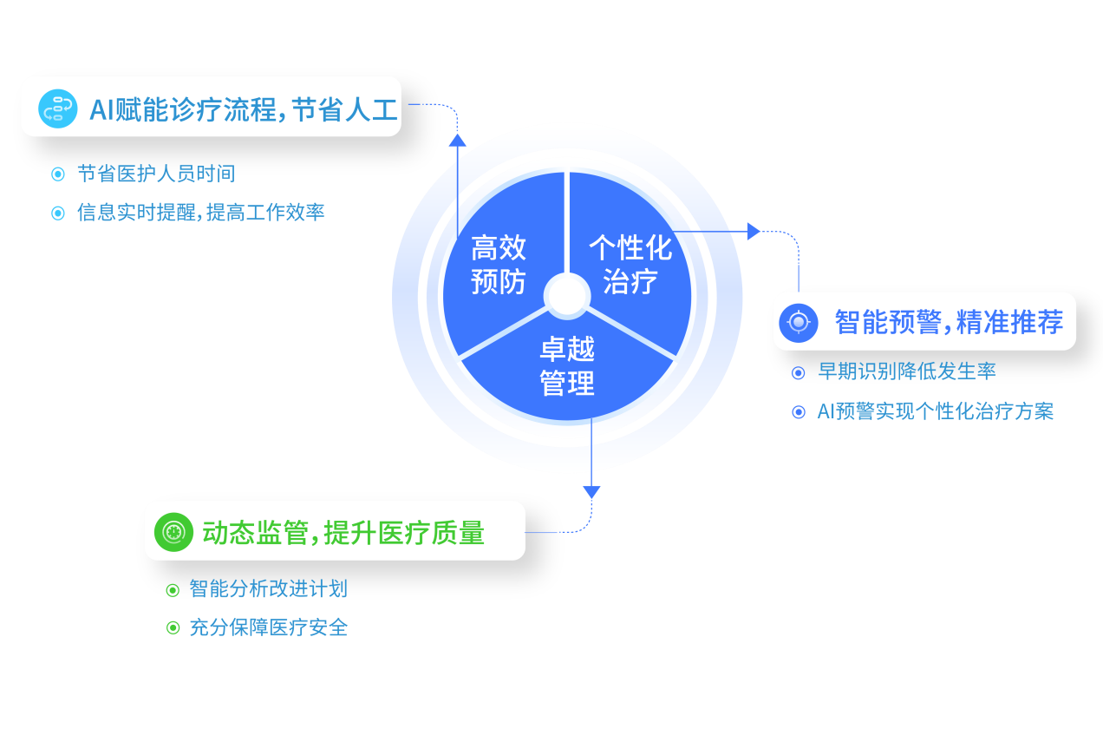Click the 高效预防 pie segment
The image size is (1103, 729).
point(498,264)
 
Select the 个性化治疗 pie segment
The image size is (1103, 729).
point(630,264)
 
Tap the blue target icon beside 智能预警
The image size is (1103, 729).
point(799,322)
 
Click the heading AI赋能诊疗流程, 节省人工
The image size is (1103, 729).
point(243,110)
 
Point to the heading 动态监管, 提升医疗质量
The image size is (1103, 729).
point(343,532)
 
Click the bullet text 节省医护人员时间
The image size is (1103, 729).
point(156,174)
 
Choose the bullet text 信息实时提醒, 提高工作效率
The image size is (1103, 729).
point(200,213)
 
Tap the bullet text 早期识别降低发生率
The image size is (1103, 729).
point(907,371)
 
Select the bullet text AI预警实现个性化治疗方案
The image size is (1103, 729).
point(936,411)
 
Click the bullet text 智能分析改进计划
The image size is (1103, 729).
point(268,589)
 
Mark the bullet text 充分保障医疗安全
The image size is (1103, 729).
point(268,627)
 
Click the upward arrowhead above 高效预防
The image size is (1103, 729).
point(458,138)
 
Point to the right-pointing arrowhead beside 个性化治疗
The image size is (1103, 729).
point(754,231)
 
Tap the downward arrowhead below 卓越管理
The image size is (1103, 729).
point(591,492)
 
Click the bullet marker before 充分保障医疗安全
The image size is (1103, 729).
point(173,627)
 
